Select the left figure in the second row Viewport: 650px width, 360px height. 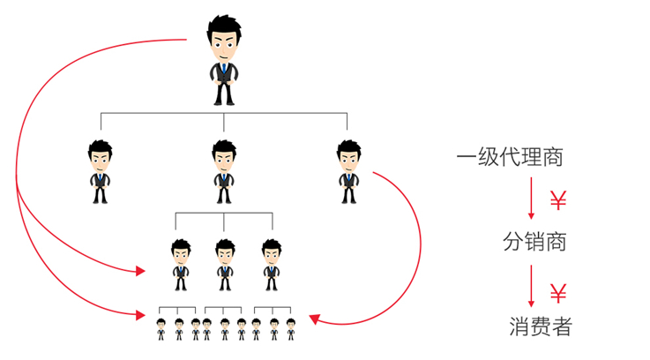click(x=100, y=169)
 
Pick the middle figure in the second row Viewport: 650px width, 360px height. click(x=224, y=169)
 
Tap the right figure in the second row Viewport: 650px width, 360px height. click(x=349, y=169)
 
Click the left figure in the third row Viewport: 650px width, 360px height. click(x=181, y=264)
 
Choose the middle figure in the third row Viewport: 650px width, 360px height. click(x=225, y=264)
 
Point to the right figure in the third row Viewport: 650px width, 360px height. click(x=271, y=264)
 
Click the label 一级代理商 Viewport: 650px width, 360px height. click(x=510, y=158)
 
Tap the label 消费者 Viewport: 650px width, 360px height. click(x=540, y=326)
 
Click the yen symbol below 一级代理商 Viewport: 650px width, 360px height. click(x=557, y=200)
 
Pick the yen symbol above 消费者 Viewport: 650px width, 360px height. click(x=557, y=292)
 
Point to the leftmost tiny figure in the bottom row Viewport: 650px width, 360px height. click(x=161, y=329)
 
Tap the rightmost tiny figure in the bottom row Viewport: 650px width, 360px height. click(x=290, y=329)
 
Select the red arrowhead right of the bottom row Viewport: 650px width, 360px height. click(x=314, y=321)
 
